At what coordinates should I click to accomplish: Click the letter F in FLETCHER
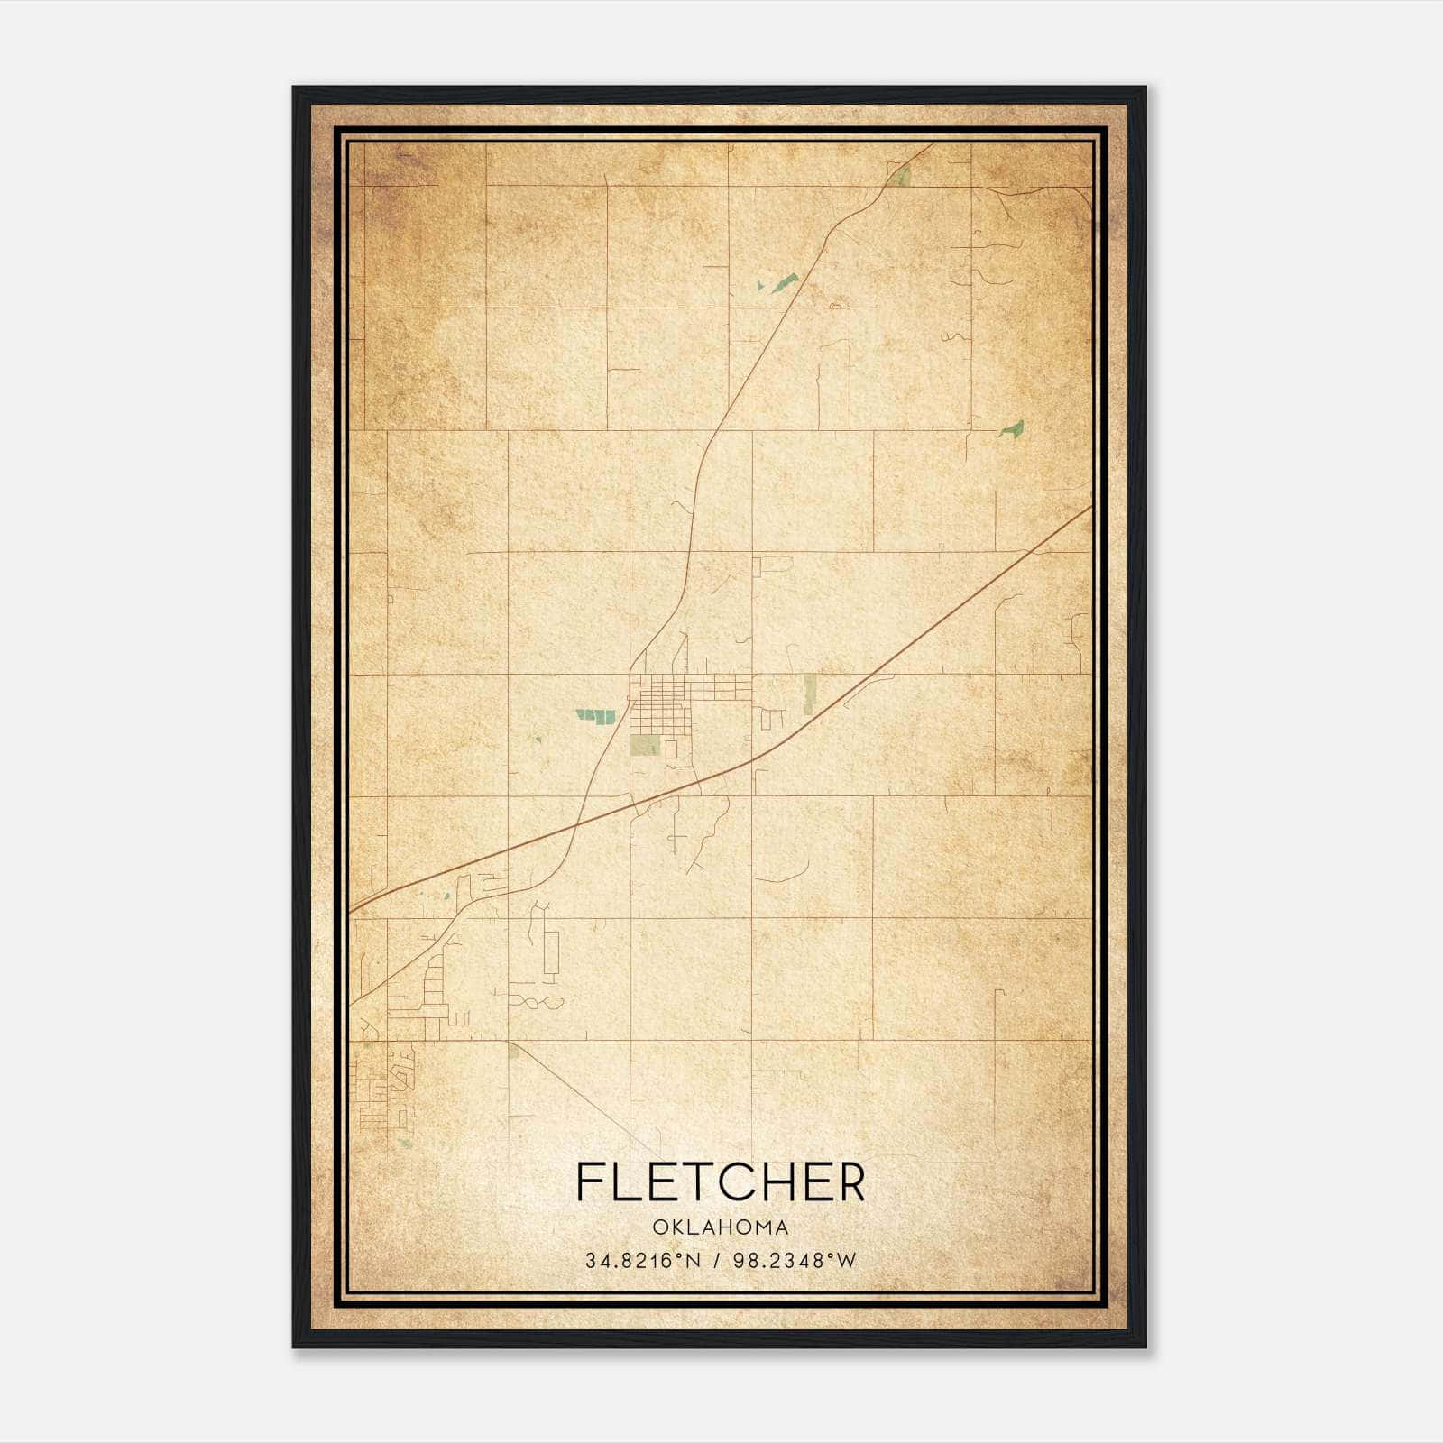590,1181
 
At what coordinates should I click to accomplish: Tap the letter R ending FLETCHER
850,1181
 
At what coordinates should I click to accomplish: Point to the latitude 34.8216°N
643,1261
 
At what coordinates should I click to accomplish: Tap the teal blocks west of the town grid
595,715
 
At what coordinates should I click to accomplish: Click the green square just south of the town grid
644,746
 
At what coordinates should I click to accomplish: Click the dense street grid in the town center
667,699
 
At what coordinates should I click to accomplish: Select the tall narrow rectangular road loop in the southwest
550,951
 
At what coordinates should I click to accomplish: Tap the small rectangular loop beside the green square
671,749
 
